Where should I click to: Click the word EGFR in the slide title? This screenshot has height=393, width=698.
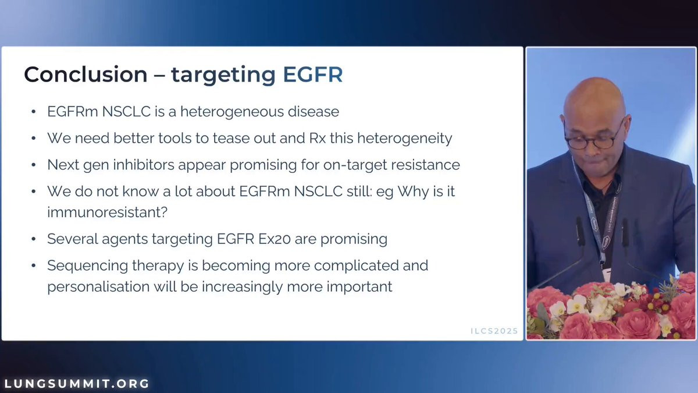pyautogui.click(x=312, y=75)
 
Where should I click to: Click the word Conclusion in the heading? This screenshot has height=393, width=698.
pyautogui.click(x=86, y=75)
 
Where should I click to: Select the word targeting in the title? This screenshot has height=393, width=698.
pyautogui.click(x=223, y=75)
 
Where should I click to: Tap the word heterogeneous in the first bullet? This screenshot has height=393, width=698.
pyautogui.click(x=232, y=112)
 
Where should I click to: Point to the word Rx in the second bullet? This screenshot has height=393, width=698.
pyautogui.click(x=317, y=138)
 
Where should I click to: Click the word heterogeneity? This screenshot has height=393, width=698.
pyautogui.click(x=404, y=139)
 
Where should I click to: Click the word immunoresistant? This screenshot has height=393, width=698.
pyautogui.click(x=108, y=212)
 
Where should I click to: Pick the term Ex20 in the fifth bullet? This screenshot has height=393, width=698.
pyautogui.click(x=275, y=239)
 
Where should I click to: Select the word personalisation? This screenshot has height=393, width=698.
pyautogui.click(x=98, y=286)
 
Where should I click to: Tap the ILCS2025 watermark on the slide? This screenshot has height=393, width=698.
pyautogui.click(x=494, y=331)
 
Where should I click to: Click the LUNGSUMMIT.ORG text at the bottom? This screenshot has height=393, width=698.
pyautogui.click(x=77, y=383)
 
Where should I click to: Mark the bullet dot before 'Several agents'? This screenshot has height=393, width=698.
pyautogui.click(x=34, y=239)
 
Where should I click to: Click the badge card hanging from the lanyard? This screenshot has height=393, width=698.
pyautogui.click(x=606, y=274)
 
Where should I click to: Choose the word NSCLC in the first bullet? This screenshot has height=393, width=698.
pyautogui.click(x=127, y=112)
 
